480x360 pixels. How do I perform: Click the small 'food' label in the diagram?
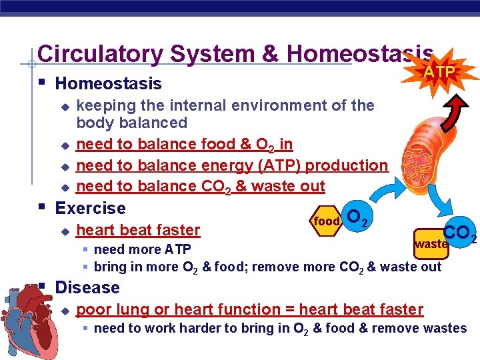pos(328,221)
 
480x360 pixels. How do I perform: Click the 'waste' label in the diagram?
pos(430,244)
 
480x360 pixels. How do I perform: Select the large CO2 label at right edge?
pos(459,233)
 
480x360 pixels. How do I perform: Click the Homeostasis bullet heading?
pos(108,84)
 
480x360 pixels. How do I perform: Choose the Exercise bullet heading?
pos(90,208)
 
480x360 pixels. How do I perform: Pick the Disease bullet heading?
pos(87,288)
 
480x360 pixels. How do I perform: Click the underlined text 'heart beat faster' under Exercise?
pos(138,230)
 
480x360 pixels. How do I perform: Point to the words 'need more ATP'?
pos(142,250)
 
